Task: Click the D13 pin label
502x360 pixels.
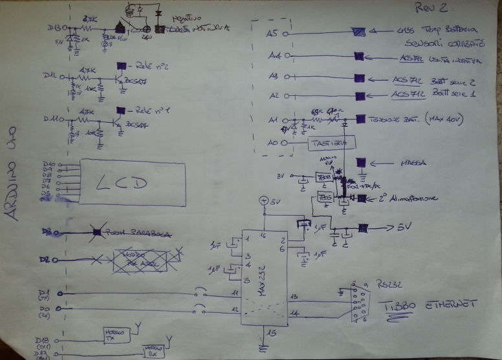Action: [54, 28]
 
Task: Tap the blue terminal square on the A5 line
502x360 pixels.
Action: [358, 32]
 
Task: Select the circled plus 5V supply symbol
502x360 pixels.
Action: [263, 202]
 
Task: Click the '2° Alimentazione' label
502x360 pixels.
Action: [410, 198]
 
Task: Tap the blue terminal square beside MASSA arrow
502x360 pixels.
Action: [361, 163]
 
